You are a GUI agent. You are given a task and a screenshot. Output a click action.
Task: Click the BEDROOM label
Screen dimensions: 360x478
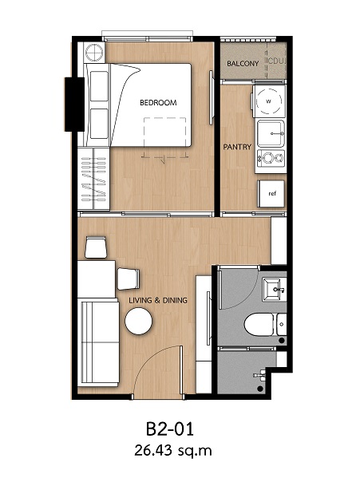pyautogui.click(x=158, y=103)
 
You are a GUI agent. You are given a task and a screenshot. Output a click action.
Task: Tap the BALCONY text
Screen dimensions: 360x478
pyautogui.click(x=243, y=64)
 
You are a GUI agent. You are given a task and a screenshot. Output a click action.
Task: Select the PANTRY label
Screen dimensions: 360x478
pyautogui.click(x=237, y=147)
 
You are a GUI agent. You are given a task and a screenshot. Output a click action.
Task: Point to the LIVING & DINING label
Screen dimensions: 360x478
pyautogui.click(x=158, y=300)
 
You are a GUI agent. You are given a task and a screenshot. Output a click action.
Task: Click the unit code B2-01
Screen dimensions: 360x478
pyautogui.click(x=170, y=429)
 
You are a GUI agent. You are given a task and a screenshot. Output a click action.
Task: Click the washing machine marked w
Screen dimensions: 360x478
pyautogui.click(x=268, y=101)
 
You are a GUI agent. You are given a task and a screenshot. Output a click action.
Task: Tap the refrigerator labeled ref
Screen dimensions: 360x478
pyautogui.click(x=271, y=194)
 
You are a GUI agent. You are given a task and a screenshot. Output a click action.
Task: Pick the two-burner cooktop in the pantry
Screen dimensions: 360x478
pyautogui.click(x=271, y=159)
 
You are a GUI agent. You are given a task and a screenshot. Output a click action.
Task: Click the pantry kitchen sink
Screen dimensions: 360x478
pyautogui.click(x=271, y=133)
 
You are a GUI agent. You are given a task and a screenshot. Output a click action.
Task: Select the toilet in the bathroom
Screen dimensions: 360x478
pyautogui.click(x=259, y=325)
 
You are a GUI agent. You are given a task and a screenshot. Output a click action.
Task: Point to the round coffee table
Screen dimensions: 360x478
pyautogui.click(x=139, y=322)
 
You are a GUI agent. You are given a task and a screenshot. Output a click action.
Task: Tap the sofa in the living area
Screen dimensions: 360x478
pyautogui.click(x=98, y=342)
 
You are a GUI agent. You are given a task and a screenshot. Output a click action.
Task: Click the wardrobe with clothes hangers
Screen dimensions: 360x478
pyautogui.click(x=93, y=178)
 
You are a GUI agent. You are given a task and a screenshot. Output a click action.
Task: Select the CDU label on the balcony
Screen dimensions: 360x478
pyautogui.click(x=277, y=61)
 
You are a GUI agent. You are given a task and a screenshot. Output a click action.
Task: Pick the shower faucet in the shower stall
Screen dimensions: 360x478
pyautogui.click(x=259, y=374)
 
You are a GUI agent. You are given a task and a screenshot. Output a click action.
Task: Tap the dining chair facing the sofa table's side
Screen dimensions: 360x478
pyautogui.click(x=129, y=279)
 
